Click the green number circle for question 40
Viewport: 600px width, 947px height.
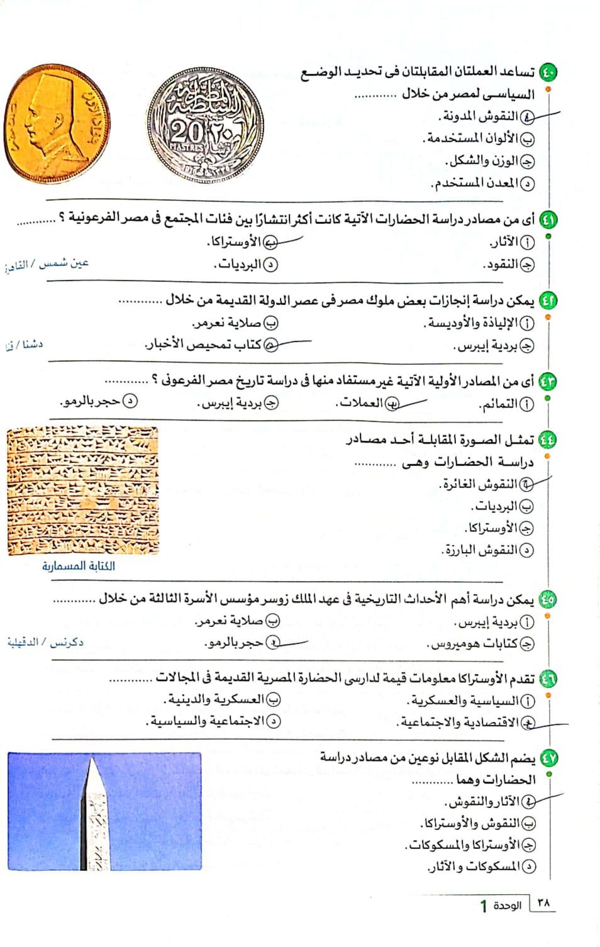click(548, 72)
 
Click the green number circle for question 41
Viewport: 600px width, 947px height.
click(548, 219)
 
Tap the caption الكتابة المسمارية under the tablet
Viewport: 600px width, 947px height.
click(79, 566)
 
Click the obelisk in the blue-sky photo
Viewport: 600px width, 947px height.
click(94, 814)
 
